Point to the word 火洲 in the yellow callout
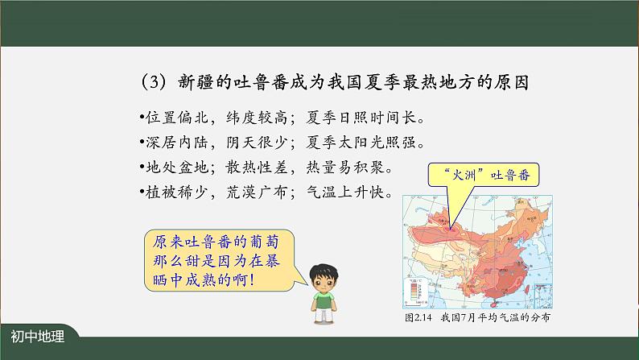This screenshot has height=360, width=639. pyautogui.click(x=461, y=173)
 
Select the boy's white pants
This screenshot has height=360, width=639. pyautogui.click(x=324, y=319)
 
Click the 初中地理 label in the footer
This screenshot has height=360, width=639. pyautogui.click(x=38, y=338)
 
